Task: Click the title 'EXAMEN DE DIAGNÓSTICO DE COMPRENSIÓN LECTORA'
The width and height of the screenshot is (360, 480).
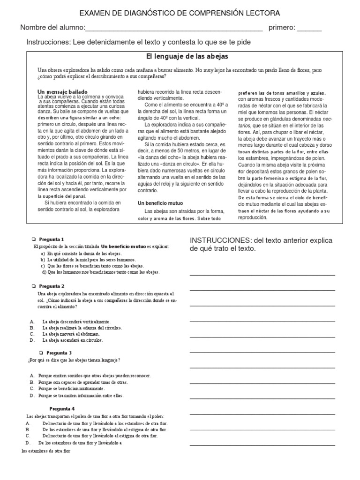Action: tap(180, 13)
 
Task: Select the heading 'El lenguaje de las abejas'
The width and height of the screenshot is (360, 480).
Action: tap(180, 56)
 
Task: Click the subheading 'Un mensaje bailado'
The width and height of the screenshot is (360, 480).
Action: tap(62, 91)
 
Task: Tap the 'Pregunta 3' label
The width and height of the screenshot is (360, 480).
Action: tap(59, 352)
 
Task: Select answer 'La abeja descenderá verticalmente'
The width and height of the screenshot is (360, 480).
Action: tap(76, 322)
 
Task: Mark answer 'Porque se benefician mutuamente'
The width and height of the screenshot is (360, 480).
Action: tap(72, 389)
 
